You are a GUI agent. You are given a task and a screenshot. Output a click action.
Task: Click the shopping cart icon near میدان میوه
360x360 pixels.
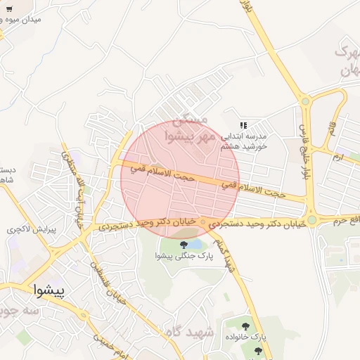pyautogui.click(x=10, y=9)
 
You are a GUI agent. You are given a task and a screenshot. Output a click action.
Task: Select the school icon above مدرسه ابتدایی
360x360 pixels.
pyautogui.click(x=244, y=124)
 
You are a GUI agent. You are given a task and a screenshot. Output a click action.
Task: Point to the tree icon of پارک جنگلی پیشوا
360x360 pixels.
pyautogui.click(x=184, y=245)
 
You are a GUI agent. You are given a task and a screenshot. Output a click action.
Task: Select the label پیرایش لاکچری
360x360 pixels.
pyautogui.click(x=35, y=229)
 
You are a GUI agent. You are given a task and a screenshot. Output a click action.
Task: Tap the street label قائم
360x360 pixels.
pyautogui.click(x=330, y=129)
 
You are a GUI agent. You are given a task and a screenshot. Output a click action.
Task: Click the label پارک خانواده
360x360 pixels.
pyautogui.click(x=251, y=337)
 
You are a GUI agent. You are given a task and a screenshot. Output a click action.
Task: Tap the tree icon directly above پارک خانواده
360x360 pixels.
pyautogui.click(x=245, y=326)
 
